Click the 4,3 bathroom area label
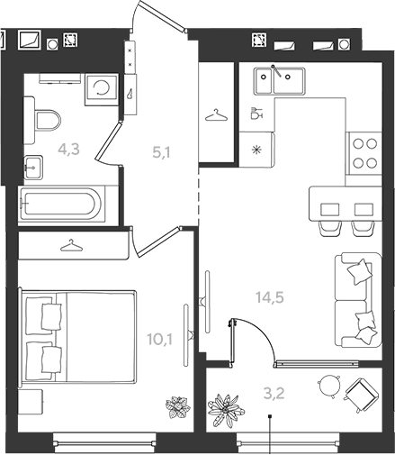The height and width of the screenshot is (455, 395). point(69,150)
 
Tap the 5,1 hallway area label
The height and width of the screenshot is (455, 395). point(161,152)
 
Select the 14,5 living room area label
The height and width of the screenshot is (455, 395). point(270,297)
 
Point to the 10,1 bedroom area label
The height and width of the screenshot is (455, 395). point(159,340)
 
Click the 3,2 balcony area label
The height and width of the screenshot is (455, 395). point(274,393)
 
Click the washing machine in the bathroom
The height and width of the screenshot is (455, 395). point(101,89)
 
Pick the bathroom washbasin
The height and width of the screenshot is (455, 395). point(33,168)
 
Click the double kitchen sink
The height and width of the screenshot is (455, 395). point(279,80)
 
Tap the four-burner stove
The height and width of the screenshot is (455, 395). point(364,153)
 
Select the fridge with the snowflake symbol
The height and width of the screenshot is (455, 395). point(257,149)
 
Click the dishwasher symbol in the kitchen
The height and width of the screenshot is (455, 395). point(256,114)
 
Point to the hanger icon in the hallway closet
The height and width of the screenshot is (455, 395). point(216,115)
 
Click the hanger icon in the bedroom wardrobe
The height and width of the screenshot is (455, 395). point(71,245)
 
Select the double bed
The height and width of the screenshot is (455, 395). point(77,337)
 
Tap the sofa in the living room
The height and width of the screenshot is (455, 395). point(358,300)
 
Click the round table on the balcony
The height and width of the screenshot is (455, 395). point(329,386)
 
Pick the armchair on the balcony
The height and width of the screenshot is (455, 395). point(361,395)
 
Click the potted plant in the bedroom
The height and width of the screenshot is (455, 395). point(178,407)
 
